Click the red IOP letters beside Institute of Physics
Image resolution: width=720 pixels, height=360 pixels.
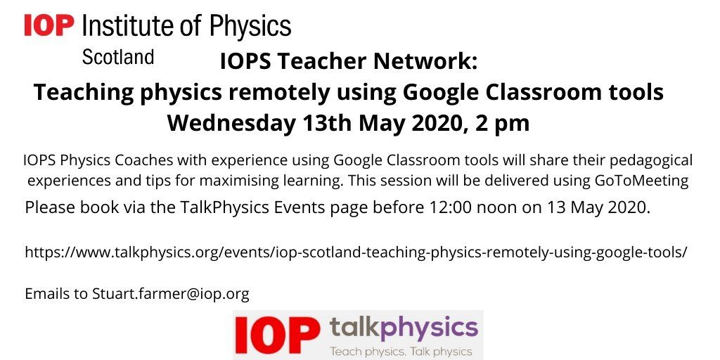tap(49, 25)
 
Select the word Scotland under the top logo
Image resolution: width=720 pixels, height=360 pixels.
tap(118, 58)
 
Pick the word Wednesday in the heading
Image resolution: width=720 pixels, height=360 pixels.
tap(231, 122)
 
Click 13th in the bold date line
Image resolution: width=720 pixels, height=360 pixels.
tap(328, 122)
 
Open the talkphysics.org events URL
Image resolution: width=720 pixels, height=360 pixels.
tap(356, 252)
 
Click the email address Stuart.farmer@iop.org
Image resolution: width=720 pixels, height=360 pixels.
tap(171, 294)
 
